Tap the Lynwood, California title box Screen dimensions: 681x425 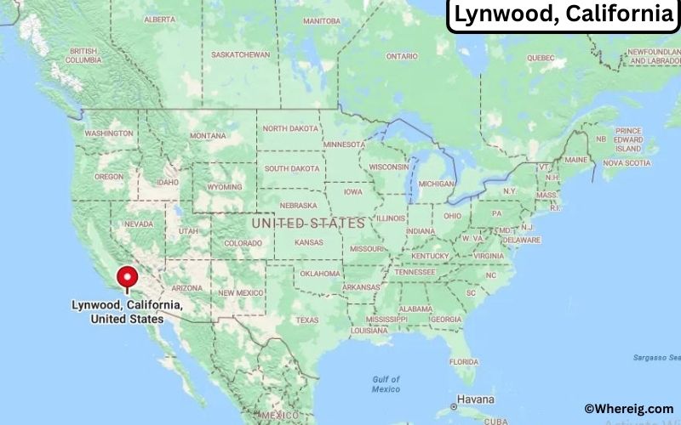coord(563,15)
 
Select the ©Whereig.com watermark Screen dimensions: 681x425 coord(628,409)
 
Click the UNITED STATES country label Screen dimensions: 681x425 coord(308,223)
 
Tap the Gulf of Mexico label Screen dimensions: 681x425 coord(386,383)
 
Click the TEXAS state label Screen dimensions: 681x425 coord(306,320)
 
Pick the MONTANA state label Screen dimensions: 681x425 coord(208,136)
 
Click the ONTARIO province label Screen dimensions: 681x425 coord(402,56)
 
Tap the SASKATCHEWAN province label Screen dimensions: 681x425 coord(240,54)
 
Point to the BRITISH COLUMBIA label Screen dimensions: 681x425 coord(83,56)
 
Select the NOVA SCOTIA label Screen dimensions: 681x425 coord(621,162)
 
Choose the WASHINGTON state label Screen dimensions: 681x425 coord(109,133)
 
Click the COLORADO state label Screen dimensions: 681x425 coord(243,243)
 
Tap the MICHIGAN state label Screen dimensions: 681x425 coord(436,184)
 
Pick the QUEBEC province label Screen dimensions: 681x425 coord(541,58)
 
